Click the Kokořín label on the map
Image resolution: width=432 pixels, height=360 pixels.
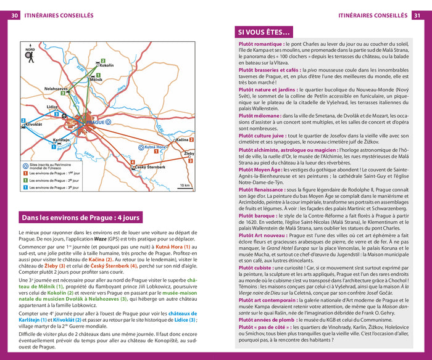click(x=106, y=65)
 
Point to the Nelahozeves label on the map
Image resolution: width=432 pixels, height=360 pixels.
click(x=56, y=89)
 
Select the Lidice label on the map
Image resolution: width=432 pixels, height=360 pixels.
click(x=52, y=107)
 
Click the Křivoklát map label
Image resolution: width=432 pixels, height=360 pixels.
click(x=35, y=125)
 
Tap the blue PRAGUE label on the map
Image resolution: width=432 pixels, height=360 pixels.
click(x=96, y=122)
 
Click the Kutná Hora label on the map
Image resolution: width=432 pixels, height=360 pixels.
click(x=156, y=147)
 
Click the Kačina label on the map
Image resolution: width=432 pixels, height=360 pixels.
click(x=181, y=141)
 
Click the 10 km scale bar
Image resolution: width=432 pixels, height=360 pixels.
click(x=184, y=185)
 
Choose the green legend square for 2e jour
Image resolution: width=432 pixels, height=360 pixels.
click(x=25, y=179)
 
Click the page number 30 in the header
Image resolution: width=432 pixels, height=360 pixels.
click(x=14, y=15)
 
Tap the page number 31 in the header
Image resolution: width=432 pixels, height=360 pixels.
click(x=418, y=15)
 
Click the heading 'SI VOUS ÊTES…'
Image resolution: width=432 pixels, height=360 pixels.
click(x=265, y=32)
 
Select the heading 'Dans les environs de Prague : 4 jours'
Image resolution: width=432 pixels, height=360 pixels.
click(x=81, y=218)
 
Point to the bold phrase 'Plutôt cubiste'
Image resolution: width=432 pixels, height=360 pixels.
click(x=259, y=267)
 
